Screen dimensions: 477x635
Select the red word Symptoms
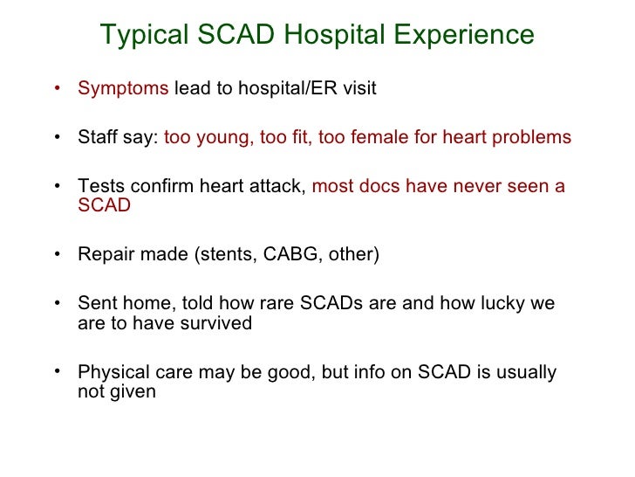(123, 90)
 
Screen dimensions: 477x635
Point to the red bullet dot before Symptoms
(57, 88)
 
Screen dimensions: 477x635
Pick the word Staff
(98, 138)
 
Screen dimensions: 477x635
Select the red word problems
(533, 138)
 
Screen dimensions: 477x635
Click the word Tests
(99, 186)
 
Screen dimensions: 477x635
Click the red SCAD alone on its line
(104, 206)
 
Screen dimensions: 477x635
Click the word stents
(227, 255)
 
